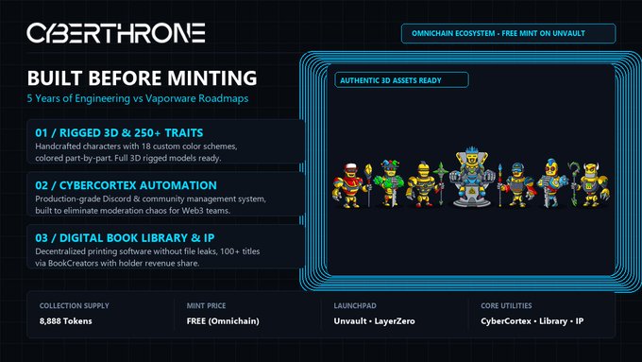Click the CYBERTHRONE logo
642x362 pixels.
pyautogui.click(x=116, y=33)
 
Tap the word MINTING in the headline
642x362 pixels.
pyautogui.click(x=212, y=78)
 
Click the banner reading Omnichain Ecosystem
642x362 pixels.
pyautogui.click(x=508, y=33)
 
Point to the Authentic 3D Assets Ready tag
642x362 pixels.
pyautogui.click(x=401, y=80)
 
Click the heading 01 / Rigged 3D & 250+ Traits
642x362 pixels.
pyautogui.click(x=119, y=133)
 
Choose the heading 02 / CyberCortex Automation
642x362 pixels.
pyautogui.click(x=127, y=185)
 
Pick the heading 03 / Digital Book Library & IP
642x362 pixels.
pyautogui.click(x=125, y=238)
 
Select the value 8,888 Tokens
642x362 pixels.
pyautogui.click(x=65, y=321)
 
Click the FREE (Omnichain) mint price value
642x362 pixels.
pyautogui.click(x=223, y=321)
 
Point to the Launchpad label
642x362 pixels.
pyautogui.click(x=355, y=306)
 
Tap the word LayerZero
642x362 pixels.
pyautogui.click(x=395, y=321)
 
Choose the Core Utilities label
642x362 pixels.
pyautogui.click(x=506, y=306)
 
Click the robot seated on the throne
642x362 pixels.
pyautogui.click(x=472, y=177)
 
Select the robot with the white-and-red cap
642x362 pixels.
pyautogui.click(x=349, y=185)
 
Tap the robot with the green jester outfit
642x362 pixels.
pyautogui.click(x=389, y=183)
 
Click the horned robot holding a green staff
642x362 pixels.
pyautogui.click(x=589, y=184)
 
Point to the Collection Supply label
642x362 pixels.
pyautogui.click(x=74, y=306)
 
